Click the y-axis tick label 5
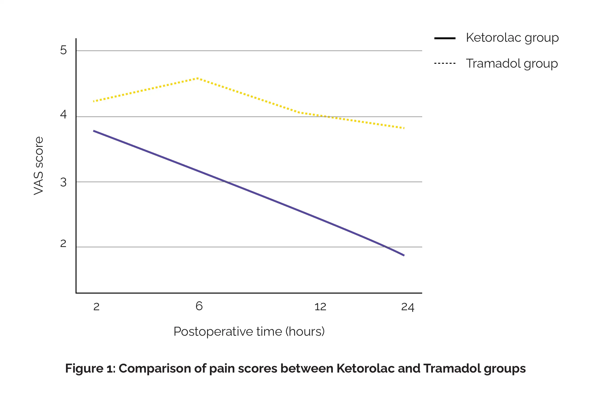[63, 50]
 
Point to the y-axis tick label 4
[63, 114]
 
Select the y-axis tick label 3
[63, 182]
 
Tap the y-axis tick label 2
[63, 243]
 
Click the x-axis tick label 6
[199, 306]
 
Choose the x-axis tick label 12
[320, 307]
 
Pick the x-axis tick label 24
[408, 307]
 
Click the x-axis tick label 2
[96, 307]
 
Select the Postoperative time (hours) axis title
[249, 331]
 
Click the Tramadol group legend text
[512, 63]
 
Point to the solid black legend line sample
[445, 38]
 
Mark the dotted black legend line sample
[445, 63]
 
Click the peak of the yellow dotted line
[198, 78]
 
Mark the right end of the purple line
[404, 255]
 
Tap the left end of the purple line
[94, 131]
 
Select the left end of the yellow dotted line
[94, 102]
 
